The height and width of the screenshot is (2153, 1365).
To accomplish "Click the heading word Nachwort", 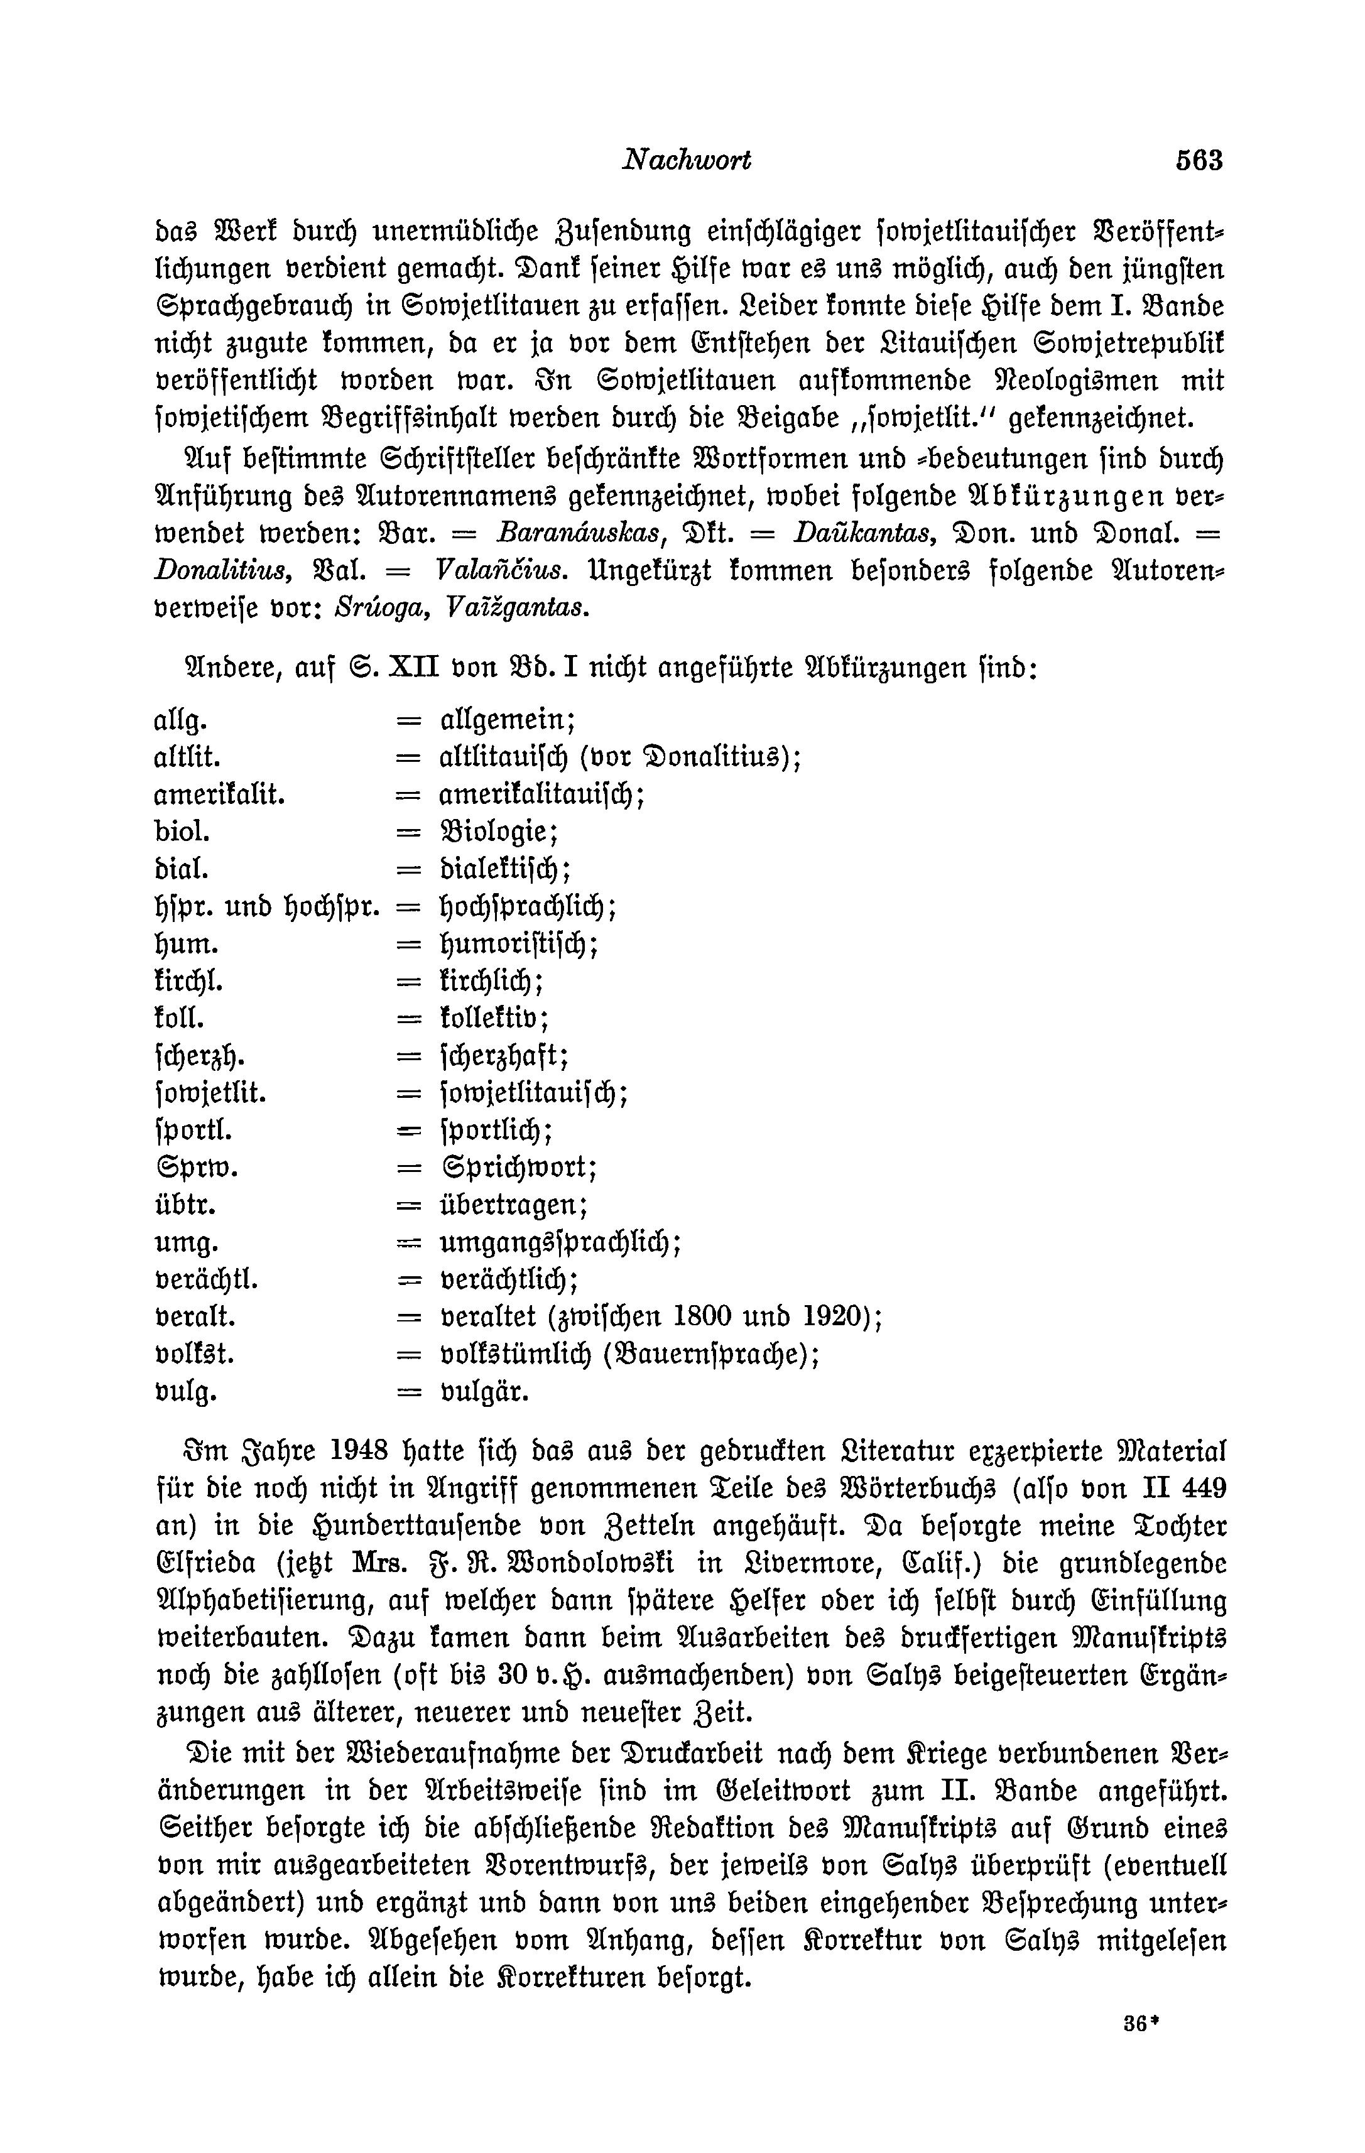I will pos(686,160).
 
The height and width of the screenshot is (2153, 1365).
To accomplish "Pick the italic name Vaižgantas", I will pos(521,608).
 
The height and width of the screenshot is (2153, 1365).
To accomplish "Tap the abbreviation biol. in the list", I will pos(182,832).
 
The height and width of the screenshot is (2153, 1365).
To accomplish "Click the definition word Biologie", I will pos(499,832).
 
